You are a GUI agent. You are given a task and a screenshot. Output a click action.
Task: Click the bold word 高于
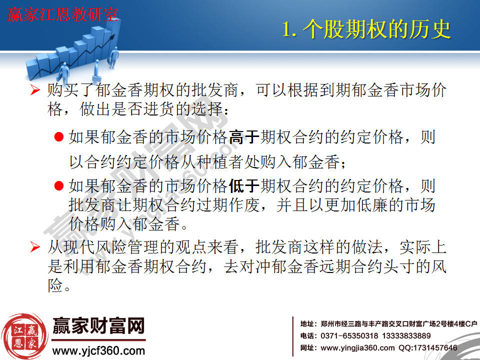[243, 137]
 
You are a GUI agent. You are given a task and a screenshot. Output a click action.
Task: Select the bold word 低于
[243, 186]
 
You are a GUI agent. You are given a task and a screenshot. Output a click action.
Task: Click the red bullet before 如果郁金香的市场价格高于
[58, 137]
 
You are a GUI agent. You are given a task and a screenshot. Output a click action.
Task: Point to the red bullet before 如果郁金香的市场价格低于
[58, 186]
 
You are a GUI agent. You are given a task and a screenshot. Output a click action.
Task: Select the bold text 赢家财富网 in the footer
[98, 326]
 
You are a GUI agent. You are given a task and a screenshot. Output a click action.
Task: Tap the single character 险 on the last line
[55, 286]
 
